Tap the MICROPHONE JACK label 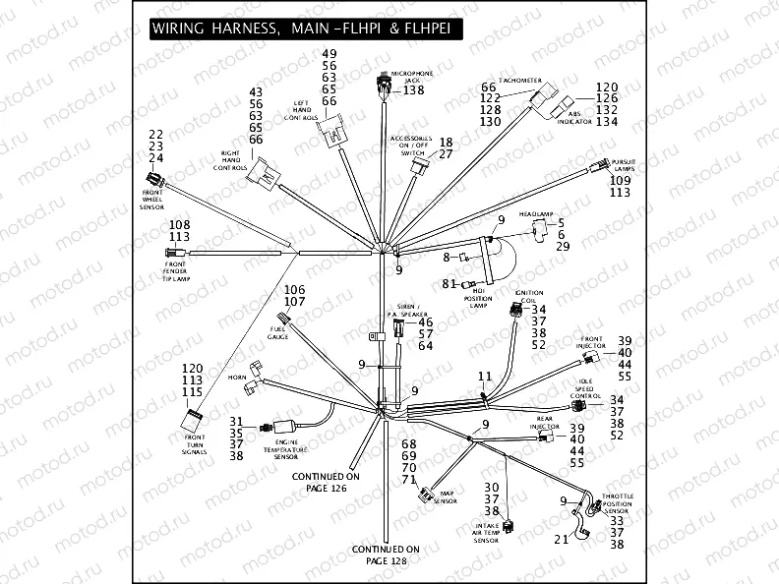pyautogui.click(x=412, y=78)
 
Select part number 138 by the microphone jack pyautogui.click(x=413, y=90)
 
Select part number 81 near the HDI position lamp pyautogui.click(x=449, y=284)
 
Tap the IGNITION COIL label pyautogui.click(x=529, y=298)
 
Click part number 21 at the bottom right pyautogui.click(x=561, y=539)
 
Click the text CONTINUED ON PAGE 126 pyautogui.click(x=327, y=482)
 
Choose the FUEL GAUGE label pyautogui.click(x=277, y=333)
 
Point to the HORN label pyautogui.click(x=237, y=377)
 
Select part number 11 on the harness pyautogui.click(x=484, y=376)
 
